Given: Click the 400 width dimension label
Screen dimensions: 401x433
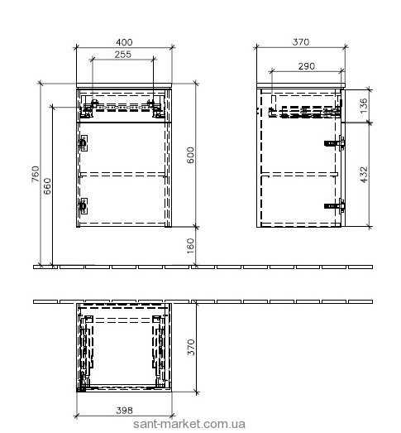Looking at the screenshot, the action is pos(124,42).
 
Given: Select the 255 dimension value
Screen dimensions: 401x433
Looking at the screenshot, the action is pos(123,55).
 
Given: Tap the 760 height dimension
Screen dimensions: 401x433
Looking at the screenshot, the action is pos(36,174).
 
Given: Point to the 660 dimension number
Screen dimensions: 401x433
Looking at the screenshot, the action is pos(47,186).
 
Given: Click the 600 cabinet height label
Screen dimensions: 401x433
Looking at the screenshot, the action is pos(190,155).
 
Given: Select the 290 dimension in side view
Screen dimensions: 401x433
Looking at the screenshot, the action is pos(307,66).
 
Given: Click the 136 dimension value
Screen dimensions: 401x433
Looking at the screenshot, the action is pos(364,105).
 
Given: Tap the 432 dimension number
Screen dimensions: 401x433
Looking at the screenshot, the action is pos(364,175).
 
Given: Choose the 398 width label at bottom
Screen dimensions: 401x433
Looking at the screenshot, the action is pos(124,411).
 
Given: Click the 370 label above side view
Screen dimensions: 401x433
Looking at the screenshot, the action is pos(301,42).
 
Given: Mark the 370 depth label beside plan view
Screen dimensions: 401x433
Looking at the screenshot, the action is pos(190,348).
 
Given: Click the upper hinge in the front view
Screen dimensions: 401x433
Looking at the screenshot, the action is pos(83,143).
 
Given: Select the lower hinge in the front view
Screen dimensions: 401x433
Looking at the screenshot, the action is pos(83,205).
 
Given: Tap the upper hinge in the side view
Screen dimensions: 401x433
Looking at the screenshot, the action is pos(335,143).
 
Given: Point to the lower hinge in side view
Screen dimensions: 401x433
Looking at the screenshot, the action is pos(335,206).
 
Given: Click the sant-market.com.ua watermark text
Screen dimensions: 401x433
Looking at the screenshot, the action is pos(189,424).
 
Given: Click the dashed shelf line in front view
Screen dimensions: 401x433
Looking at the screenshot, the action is pos(123,174).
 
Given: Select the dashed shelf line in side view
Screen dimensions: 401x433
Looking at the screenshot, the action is pos(299,174).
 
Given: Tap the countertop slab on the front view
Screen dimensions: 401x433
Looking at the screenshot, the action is pos(124,85).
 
